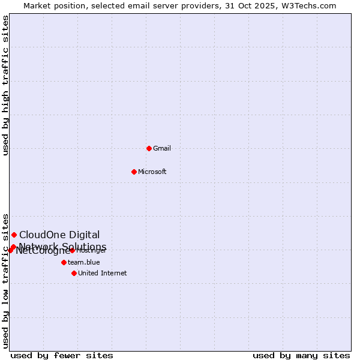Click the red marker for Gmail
[149, 148]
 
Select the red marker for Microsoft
[134, 172]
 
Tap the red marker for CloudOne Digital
[14, 235]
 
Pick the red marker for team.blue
[64, 262]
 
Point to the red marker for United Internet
[74, 273]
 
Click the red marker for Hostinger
[72, 250]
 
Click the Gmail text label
[162, 148]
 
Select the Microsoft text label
[152, 172]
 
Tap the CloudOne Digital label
[59, 235]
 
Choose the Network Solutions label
[63, 247]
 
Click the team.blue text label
[84, 262]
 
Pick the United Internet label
[103, 273]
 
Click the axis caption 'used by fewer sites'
[62, 355]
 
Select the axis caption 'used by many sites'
[301, 355]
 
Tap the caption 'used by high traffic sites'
[6, 85]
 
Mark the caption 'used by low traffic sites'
[6, 280]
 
